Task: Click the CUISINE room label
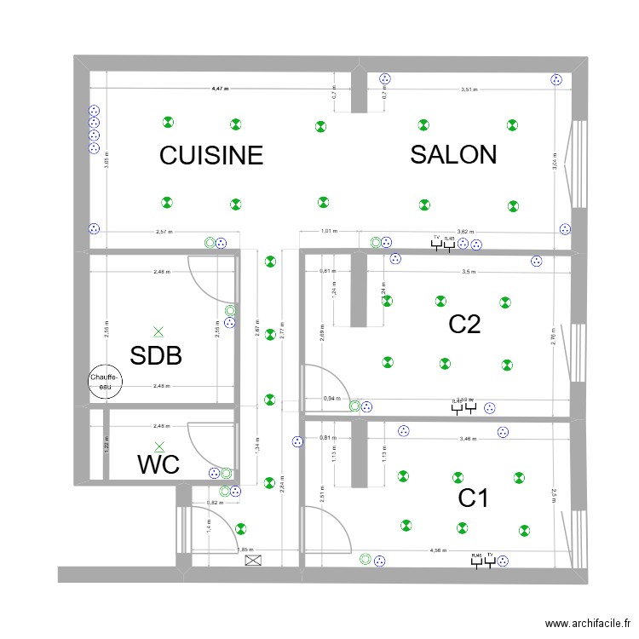pyautogui.click(x=211, y=155)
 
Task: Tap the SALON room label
pyautogui.click(x=452, y=154)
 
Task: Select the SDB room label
pyautogui.click(x=156, y=355)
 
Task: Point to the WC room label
pyautogui.click(x=158, y=465)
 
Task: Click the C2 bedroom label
pyautogui.click(x=465, y=325)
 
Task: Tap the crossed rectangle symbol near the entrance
pyautogui.click(x=253, y=561)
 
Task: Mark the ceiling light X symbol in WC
pyautogui.click(x=158, y=445)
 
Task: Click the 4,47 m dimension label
pyautogui.click(x=221, y=89)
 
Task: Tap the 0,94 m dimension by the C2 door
pyautogui.click(x=330, y=398)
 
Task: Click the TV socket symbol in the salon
pyautogui.click(x=436, y=244)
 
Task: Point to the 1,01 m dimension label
pyautogui.click(x=328, y=231)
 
